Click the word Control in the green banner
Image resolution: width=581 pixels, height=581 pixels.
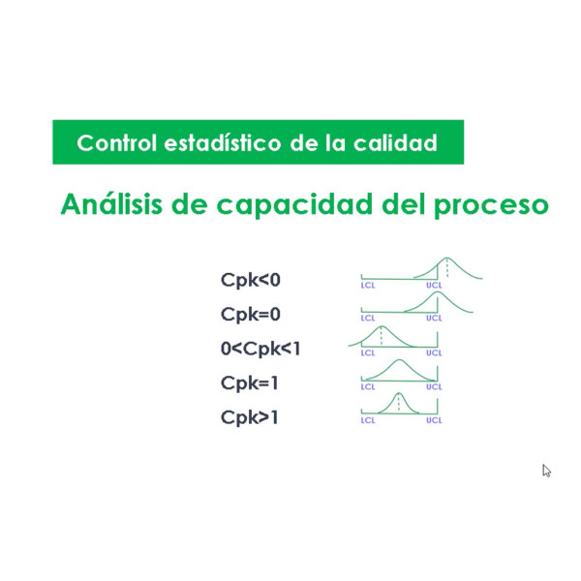(x=117, y=143)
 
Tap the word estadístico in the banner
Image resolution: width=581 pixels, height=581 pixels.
(x=223, y=143)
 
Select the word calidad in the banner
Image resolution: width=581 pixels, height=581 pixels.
(x=395, y=143)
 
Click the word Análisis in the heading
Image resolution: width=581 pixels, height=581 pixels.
(x=111, y=204)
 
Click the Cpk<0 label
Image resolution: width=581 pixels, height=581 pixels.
(x=251, y=280)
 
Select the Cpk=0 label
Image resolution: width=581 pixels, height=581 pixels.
(x=251, y=315)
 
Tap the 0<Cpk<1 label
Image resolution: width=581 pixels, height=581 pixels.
(x=260, y=349)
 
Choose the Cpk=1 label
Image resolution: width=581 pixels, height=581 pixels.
(x=250, y=383)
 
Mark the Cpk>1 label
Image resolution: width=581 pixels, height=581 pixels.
(x=250, y=417)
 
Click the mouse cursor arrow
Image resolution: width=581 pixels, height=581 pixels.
(x=546, y=471)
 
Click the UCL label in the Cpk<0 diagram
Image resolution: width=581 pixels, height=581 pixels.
(x=434, y=286)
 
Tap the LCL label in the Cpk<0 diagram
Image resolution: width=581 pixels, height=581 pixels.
(x=368, y=286)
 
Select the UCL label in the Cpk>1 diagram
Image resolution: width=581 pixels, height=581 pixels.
(x=434, y=420)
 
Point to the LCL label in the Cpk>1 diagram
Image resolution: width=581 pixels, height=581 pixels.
(x=368, y=420)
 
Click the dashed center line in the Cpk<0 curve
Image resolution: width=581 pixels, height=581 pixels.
(x=447, y=268)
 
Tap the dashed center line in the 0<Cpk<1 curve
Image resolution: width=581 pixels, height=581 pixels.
(x=382, y=336)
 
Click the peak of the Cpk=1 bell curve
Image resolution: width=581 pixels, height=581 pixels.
(x=399, y=360)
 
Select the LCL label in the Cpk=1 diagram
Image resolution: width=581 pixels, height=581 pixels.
(x=368, y=386)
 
